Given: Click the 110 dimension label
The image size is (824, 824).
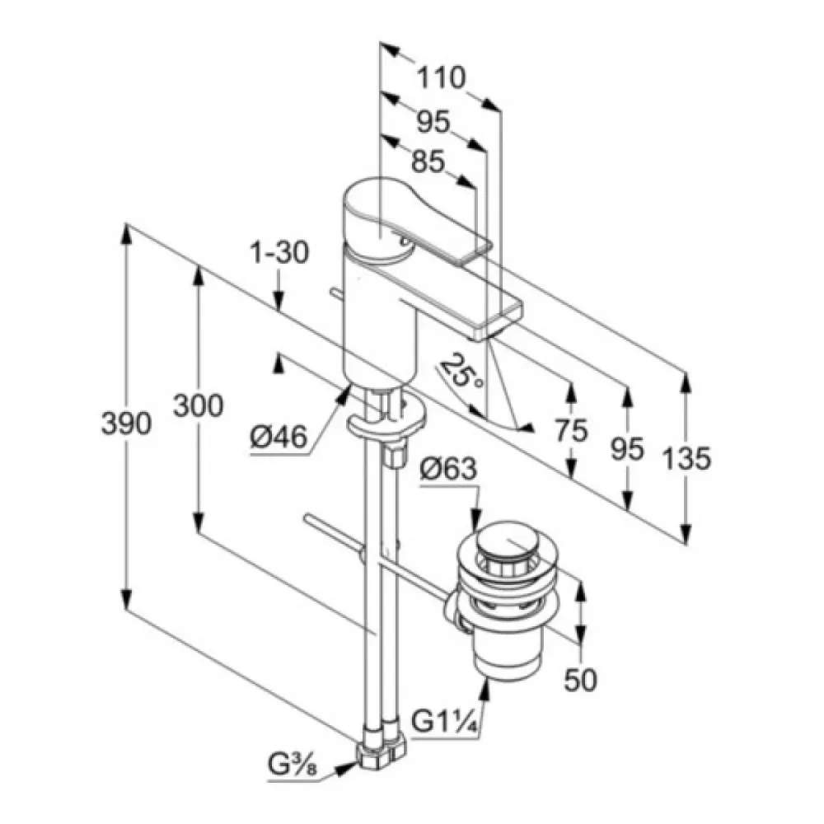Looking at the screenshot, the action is click(441, 77).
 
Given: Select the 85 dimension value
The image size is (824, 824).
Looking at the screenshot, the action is click(428, 162).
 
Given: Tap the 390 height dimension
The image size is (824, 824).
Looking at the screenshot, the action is click(126, 424).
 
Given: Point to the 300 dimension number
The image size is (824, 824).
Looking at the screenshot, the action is click(198, 405).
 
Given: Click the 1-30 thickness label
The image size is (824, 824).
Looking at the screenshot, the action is click(279, 252).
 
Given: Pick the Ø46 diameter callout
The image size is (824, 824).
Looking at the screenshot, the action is click(279, 437).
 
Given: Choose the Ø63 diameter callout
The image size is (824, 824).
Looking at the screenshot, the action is click(448, 469).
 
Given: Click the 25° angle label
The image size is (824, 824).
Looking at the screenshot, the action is click(461, 371).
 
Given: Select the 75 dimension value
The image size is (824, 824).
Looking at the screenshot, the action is click(571, 431).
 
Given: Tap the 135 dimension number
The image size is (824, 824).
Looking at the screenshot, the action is click(686, 457).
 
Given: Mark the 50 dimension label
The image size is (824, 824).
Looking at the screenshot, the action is click(580, 680).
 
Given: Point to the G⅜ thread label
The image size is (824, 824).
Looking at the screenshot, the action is click(293, 765).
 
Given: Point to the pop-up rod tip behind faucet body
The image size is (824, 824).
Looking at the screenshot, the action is click(333, 292).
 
